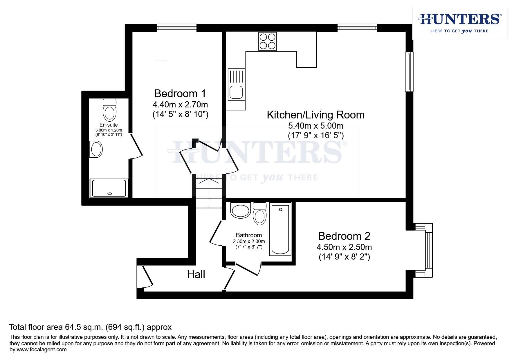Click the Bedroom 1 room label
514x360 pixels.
click(180, 93)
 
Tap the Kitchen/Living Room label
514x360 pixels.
click(315, 115)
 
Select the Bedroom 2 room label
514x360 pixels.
click(344, 236)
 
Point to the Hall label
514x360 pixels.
click(196, 274)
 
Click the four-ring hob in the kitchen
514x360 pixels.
click(267, 41)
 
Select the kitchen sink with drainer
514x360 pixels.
click(236, 84)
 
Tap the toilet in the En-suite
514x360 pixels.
click(109, 110)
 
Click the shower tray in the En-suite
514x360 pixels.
click(109, 188)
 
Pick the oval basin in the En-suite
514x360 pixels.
click(96, 149)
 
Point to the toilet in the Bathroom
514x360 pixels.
click(259, 214)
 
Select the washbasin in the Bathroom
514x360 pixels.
click(240, 211)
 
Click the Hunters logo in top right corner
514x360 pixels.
click(459, 23)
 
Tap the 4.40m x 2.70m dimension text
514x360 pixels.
click(180, 105)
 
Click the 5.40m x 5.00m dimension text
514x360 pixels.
click(315, 126)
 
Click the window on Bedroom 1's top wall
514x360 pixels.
click(177, 28)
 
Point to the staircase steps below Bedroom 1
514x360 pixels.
click(208, 193)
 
